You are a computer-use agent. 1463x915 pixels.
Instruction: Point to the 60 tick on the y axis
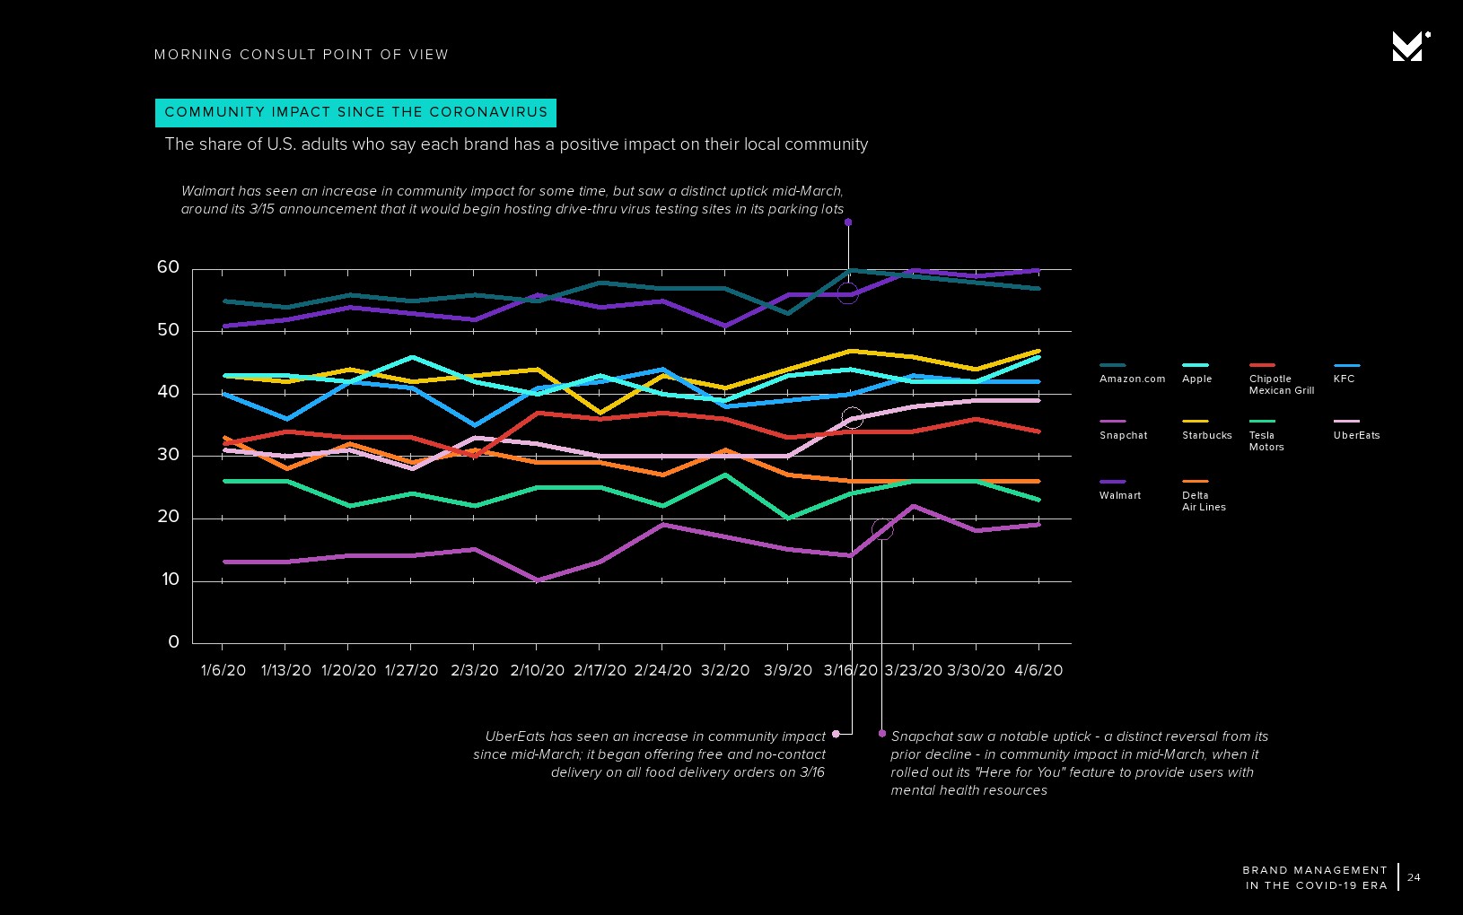pyautogui.click(x=168, y=267)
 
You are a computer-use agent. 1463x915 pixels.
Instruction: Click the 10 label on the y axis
pyautogui.click(x=171, y=579)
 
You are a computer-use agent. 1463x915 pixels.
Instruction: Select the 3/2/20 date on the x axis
pyautogui.click(x=725, y=670)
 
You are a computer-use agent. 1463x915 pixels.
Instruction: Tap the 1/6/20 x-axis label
pyautogui.click(x=223, y=670)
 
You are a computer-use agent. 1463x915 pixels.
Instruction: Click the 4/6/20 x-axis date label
pyautogui.click(x=1038, y=670)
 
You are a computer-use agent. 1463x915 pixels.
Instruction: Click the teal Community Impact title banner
pyautogui.click(x=355, y=112)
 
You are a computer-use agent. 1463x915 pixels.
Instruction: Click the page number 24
pyautogui.click(x=1414, y=877)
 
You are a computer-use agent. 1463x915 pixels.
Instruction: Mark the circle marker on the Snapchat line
pyautogui.click(x=882, y=530)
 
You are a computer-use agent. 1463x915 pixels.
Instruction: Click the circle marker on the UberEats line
pyautogui.click(x=853, y=418)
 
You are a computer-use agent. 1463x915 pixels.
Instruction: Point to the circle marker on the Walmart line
pyautogui.click(x=847, y=293)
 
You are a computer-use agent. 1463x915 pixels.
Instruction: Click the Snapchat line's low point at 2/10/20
pyautogui.click(x=538, y=580)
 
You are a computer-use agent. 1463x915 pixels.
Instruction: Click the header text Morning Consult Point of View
pyautogui.click(x=301, y=55)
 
